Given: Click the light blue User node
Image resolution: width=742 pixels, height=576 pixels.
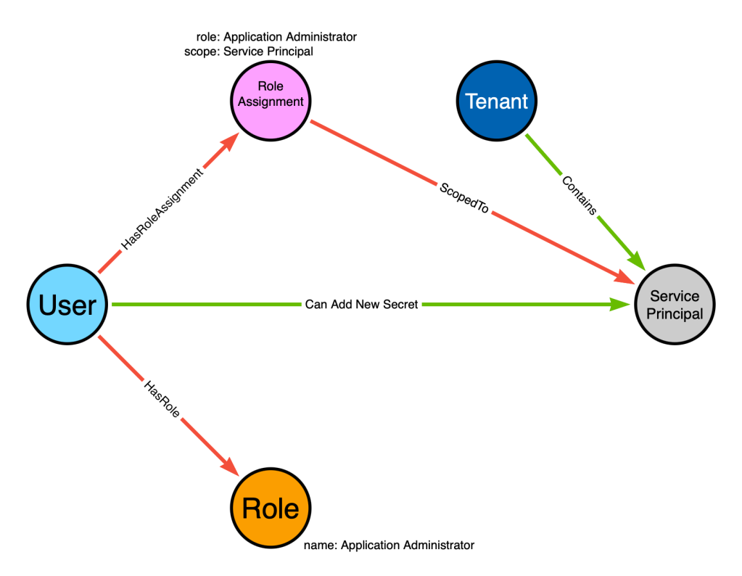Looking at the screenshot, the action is pyautogui.click(x=67, y=305).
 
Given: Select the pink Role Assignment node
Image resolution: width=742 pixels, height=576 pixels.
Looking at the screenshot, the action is pyautogui.click(x=271, y=101).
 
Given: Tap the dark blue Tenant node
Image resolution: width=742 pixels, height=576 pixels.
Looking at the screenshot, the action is pyautogui.click(x=497, y=101).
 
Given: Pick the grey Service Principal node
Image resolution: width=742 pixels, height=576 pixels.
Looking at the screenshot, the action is pyautogui.click(x=675, y=305).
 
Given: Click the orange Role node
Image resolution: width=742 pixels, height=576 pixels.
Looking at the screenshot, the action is pyautogui.click(x=271, y=508).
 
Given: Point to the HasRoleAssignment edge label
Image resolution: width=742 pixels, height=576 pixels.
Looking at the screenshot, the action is pyautogui.click(x=162, y=209).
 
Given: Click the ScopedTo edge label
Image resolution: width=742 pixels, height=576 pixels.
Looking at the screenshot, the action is pyautogui.click(x=464, y=198).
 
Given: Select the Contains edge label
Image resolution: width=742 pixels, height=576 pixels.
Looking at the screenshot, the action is pyautogui.click(x=580, y=195).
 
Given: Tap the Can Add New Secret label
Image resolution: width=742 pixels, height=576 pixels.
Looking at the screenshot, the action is pyautogui.click(x=361, y=305).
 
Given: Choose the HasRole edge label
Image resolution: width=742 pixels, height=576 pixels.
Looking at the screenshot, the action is pyautogui.click(x=162, y=399).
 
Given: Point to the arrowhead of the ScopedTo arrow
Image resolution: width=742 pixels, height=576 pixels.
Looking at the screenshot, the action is pyautogui.click(x=624, y=279).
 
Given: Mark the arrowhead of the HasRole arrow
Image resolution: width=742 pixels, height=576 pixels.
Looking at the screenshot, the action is pyautogui.click(x=231, y=467).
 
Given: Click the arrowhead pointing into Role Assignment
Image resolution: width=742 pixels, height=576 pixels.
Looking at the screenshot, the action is pyautogui.click(x=231, y=141).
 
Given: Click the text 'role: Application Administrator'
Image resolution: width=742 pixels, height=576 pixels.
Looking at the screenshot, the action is pyautogui.click(x=276, y=37).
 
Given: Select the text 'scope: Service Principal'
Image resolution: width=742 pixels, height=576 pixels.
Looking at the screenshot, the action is pyautogui.click(x=249, y=51).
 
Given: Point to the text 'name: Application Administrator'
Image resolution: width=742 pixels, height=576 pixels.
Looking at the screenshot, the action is pyautogui.click(x=389, y=546).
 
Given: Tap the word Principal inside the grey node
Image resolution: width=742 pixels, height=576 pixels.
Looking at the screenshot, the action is pyautogui.click(x=675, y=314).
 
